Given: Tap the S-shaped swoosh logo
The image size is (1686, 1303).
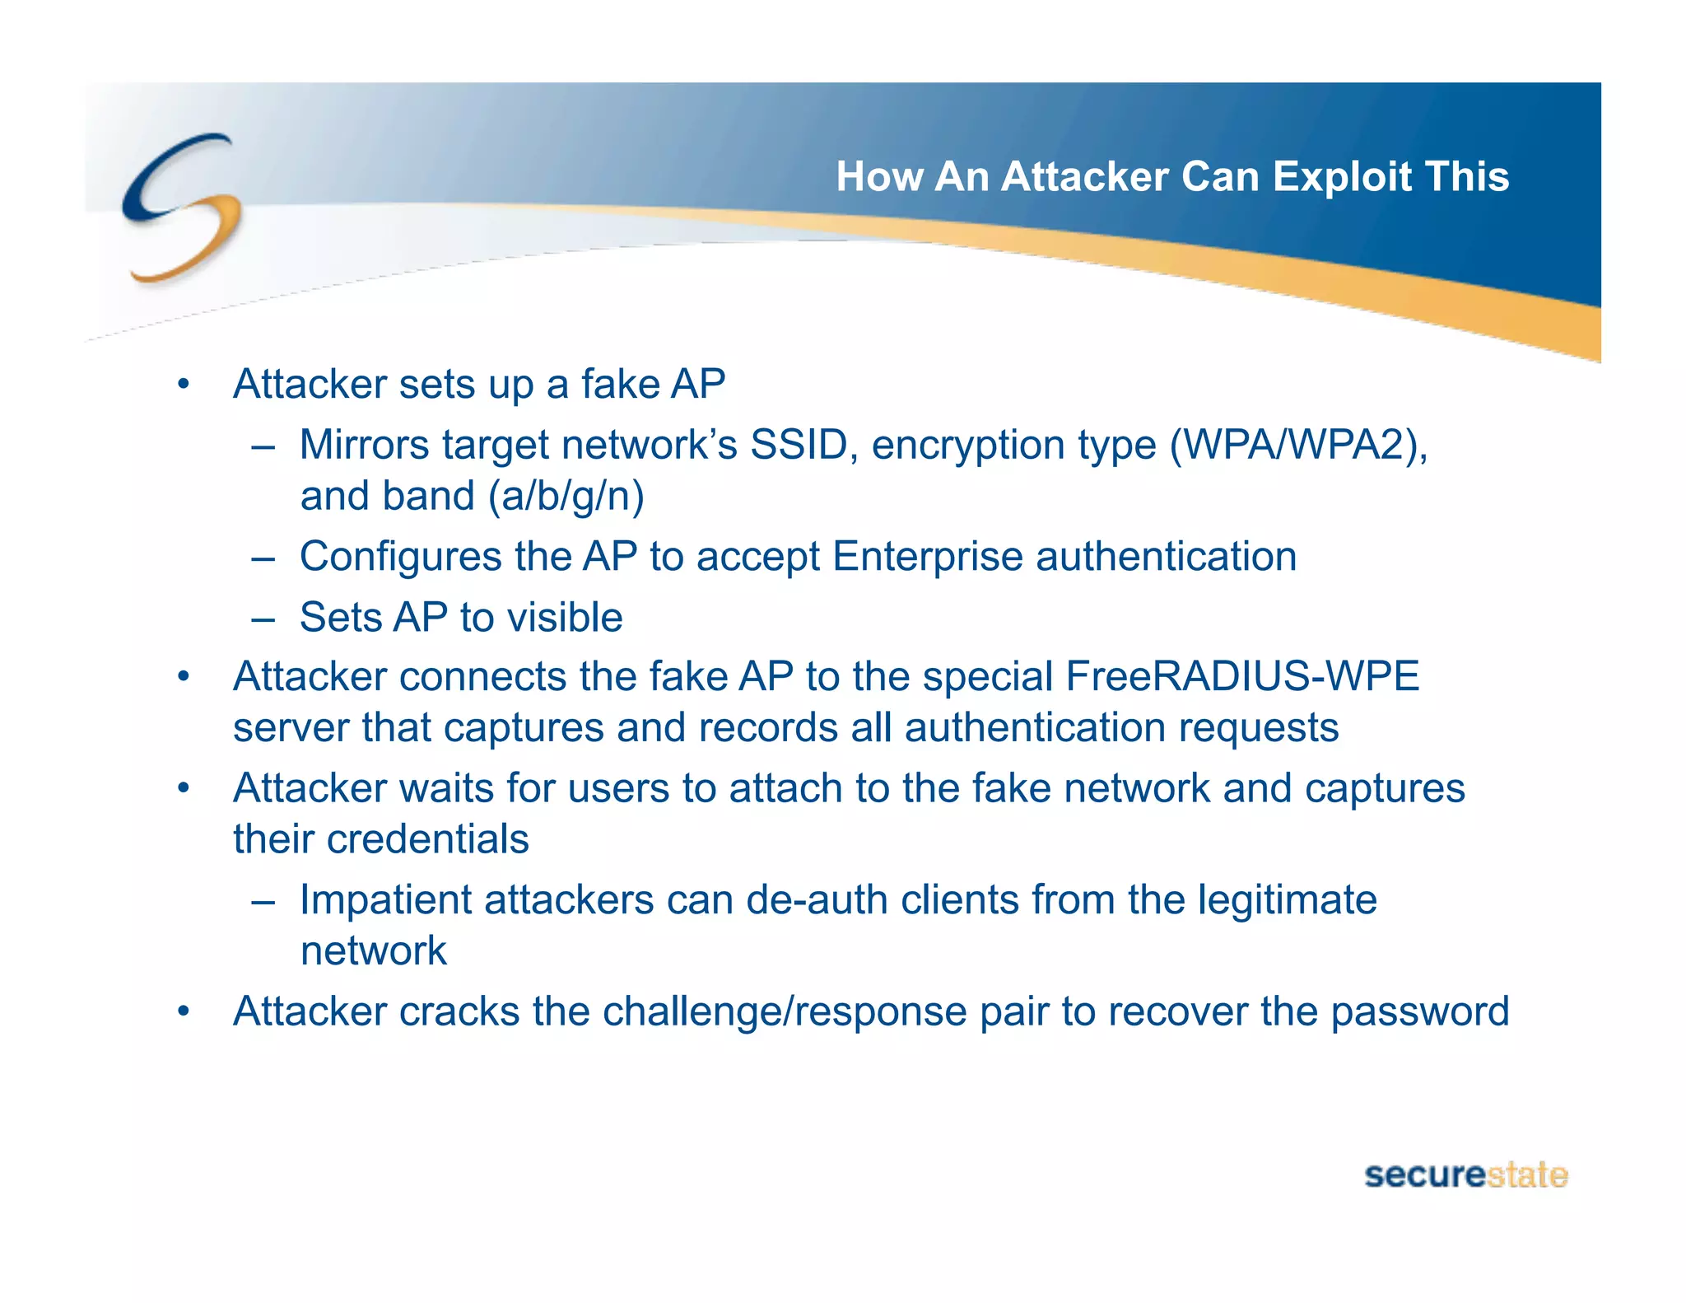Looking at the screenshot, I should (x=182, y=208).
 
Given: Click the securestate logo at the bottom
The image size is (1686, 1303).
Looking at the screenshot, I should (x=1465, y=1175).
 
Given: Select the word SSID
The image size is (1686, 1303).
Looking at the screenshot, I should (x=799, y=445).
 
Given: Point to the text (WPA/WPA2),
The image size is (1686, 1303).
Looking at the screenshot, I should (x=1298, y=445).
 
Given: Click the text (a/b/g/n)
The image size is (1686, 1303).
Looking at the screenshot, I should (x=566, y=496).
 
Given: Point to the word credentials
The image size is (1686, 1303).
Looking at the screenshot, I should (x=427, y=839).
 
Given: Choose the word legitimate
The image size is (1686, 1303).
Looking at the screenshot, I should (x=1287, y=899).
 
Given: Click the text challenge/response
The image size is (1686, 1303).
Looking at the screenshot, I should (x=784, y=1011).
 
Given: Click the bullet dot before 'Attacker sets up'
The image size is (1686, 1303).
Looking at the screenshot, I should (x=184, y=385).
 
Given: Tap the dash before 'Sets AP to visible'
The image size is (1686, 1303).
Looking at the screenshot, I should (x=263, y=618).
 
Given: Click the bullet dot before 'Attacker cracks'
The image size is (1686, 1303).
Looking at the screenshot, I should (x=184, y=1011).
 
